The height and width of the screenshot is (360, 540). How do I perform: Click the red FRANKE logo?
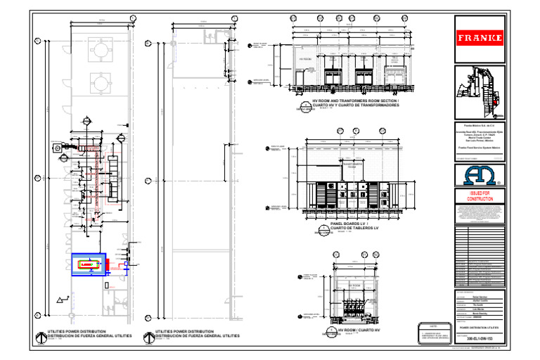[x=481, y=37]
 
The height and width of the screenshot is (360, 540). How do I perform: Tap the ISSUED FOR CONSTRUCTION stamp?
[x=481, y=195]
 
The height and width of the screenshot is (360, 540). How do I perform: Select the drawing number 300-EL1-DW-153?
[x=481, y=339]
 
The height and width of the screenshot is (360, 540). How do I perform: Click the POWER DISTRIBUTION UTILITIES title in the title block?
[x=481, y=328]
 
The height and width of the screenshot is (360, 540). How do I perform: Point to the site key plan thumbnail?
[x=480, y=91]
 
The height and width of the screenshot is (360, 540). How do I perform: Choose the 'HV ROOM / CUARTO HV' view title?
[x=359, y=329]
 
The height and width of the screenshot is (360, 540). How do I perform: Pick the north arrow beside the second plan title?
[x=147, y=334]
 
